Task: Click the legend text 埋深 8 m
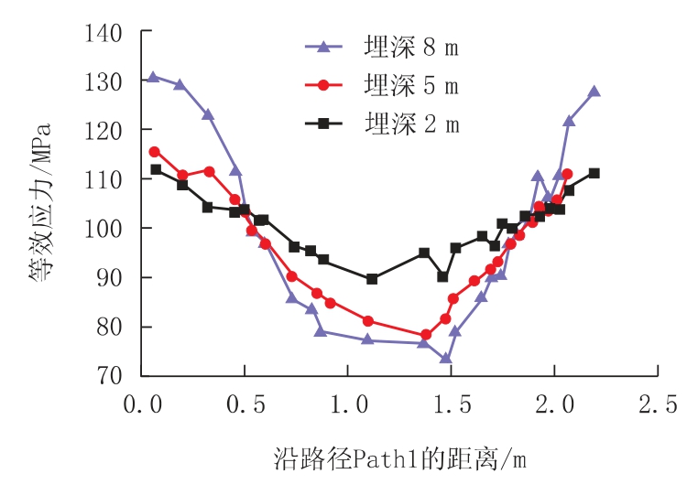pyautogui.click(x=411, y=47)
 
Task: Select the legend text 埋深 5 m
pyautogui.click(x=411, y=86)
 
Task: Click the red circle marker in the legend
pyautogui.click(x=323, y=86)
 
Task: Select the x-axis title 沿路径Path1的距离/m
pyautogui.click(x=399, y=457)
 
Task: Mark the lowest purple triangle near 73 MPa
pyautogui.click(x=445, y=359)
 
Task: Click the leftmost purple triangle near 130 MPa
pyautogui.click(x=153, y=77)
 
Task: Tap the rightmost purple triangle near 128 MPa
pyautogui.click(x=594, y=91)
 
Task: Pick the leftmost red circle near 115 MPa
pyautogui.click(x=154, y=152)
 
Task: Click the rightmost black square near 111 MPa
pyautogui.click(x=594, y=173)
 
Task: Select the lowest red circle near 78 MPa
pyautogui.click(x=426, y=335)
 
